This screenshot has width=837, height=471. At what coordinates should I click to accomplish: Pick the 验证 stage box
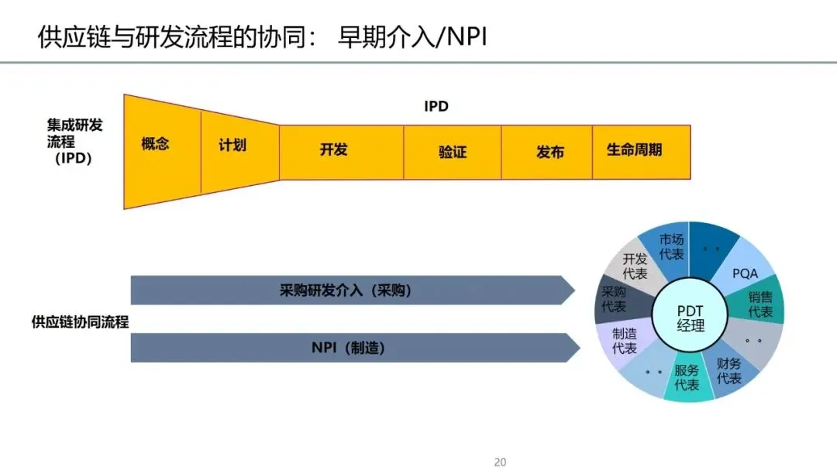pos(452,152)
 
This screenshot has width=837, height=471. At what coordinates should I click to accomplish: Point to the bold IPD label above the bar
pos(436,106)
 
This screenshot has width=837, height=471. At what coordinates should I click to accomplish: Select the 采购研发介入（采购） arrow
pos(349,291)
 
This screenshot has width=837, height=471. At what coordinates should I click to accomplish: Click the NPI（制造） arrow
pos(349,348)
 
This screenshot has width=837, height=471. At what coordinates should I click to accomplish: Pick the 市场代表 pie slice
pos(671,246)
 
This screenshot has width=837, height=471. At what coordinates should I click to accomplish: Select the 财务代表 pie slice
pos(729,370)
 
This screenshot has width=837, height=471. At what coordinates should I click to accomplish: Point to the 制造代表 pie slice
pos(625,341)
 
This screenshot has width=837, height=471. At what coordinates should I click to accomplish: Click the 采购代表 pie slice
pos(615,299)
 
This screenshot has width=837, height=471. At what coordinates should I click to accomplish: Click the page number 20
pos(500,462)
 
